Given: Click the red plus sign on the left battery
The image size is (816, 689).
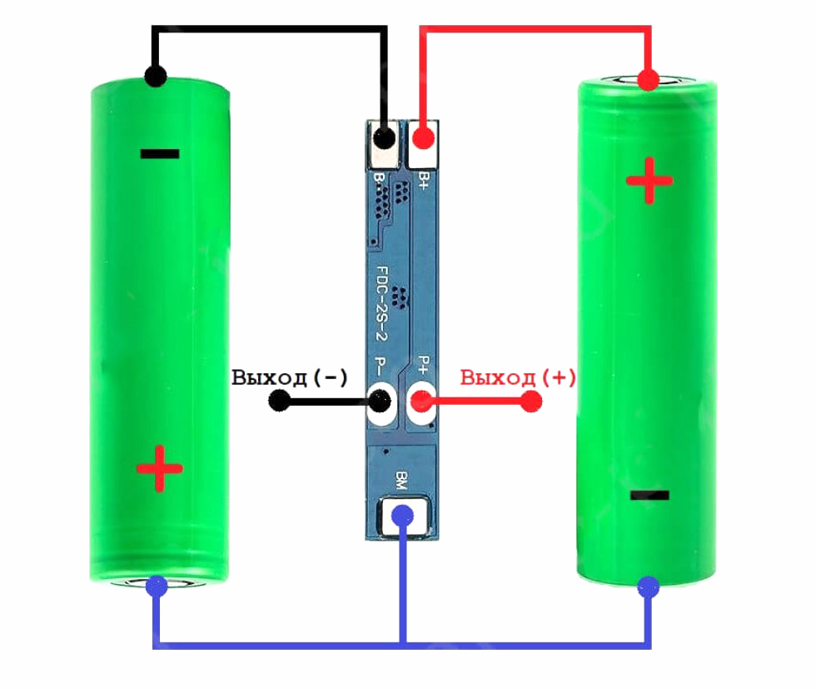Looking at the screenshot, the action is click(x=160, y=469).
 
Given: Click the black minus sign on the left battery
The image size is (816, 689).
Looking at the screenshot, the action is click(x=160, y=153).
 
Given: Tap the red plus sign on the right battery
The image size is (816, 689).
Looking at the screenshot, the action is click(x=649, y=181).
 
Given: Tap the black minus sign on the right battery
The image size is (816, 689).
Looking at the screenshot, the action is click(x=649, y=495).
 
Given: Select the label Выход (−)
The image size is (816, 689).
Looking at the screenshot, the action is click(x=290, y=377).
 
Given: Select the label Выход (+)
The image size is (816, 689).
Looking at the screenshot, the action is click(x=518, y=377).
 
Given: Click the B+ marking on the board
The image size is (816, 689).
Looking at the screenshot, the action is click(x=424, y=181).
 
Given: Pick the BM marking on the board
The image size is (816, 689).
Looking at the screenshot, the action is click(x=401, y=480).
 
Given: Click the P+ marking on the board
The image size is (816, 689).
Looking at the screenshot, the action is click(x=424, y=366).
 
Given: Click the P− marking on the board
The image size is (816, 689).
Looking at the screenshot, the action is click(x=381, y=366).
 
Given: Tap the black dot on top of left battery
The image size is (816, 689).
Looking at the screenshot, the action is click(x=155, y=76).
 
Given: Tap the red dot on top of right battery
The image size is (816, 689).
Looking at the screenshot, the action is click(x=648, y=80).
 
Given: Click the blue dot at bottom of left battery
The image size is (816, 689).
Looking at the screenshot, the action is click(x=157, y=586).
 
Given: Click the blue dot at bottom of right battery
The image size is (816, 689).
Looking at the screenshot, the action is click(x=649, y=588).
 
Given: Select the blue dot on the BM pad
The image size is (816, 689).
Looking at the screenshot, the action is click(x=402, y=516).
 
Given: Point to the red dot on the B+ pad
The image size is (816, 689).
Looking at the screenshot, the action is click(x=423, y=138).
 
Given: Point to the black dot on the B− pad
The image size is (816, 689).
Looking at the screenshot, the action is click(x=384, y=138).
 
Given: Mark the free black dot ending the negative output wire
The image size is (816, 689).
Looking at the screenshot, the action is click(x=280, y=401).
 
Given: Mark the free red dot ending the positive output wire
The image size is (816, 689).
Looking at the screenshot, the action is click(x=531, y=401).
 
